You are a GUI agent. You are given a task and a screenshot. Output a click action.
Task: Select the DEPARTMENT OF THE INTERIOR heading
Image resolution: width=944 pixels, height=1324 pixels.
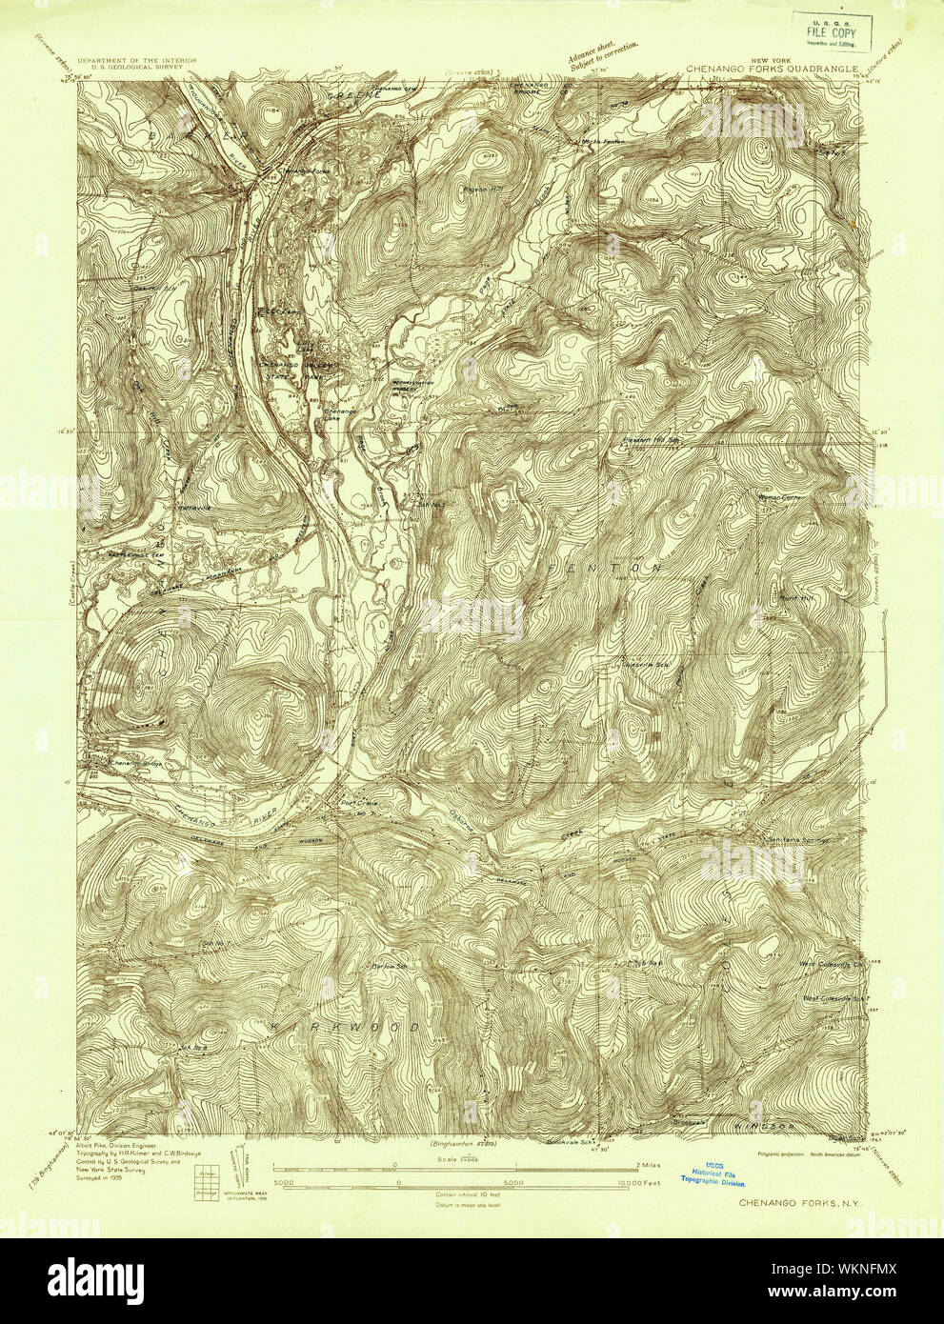pos(137,60)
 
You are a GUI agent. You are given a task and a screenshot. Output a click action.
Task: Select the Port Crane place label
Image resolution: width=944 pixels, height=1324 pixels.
pos(359,803)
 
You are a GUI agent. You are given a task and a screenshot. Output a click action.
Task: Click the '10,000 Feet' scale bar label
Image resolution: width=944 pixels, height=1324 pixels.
pos(637,1184)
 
